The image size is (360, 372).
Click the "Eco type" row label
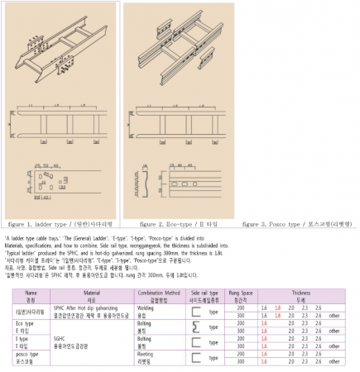click(25, 323)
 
